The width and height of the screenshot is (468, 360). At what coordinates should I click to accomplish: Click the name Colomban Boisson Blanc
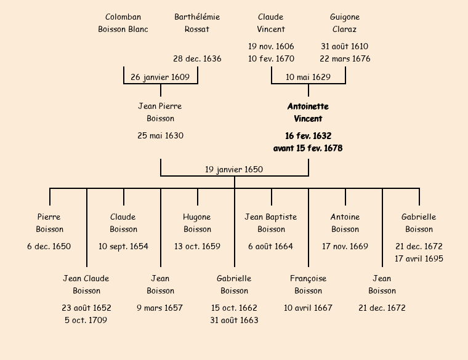click(x=123, y=23)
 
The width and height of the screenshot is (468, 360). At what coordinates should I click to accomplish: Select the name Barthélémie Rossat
click(x=197, y=23)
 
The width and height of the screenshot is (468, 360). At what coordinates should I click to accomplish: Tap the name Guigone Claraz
click(x=345, y=23)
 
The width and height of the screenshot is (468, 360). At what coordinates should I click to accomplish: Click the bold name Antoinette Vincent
click(x=308, y=113)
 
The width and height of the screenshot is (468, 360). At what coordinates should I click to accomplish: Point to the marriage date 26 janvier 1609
click(x=161, y=78)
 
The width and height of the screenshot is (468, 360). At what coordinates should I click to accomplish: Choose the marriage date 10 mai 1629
click(x=308, y=78)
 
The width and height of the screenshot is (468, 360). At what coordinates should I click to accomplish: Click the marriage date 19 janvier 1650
click(x=234, y=170)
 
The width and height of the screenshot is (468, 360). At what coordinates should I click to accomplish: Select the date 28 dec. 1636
click(x=197, y=59)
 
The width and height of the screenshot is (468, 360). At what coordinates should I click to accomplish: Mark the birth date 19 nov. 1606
click(x=271, y=47)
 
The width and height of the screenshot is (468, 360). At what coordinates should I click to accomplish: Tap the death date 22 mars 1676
click(x=345, y=59)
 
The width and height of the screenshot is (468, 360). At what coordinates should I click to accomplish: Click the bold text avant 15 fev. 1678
click(x=308, y=148)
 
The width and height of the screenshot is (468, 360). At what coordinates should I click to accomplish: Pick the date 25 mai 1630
click(x=160, y=136)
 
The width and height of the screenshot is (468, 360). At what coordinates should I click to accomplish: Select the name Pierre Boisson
click(x=49, y=223)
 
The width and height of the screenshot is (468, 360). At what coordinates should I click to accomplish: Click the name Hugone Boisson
click(x=197, y=223)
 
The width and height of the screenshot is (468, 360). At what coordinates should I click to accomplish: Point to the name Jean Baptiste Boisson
click(x=271, y=223)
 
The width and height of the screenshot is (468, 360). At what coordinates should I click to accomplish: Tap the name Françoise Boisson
click(x=308, y=285)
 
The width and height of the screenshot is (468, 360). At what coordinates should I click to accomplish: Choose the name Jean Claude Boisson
click(x=86, y=285)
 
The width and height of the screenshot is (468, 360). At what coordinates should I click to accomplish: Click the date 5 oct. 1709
click(x=86, y=320)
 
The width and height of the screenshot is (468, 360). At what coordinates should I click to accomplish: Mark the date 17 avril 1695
click(x=419, y=258)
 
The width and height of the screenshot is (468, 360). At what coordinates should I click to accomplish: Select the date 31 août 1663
click(x=234, y=320)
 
